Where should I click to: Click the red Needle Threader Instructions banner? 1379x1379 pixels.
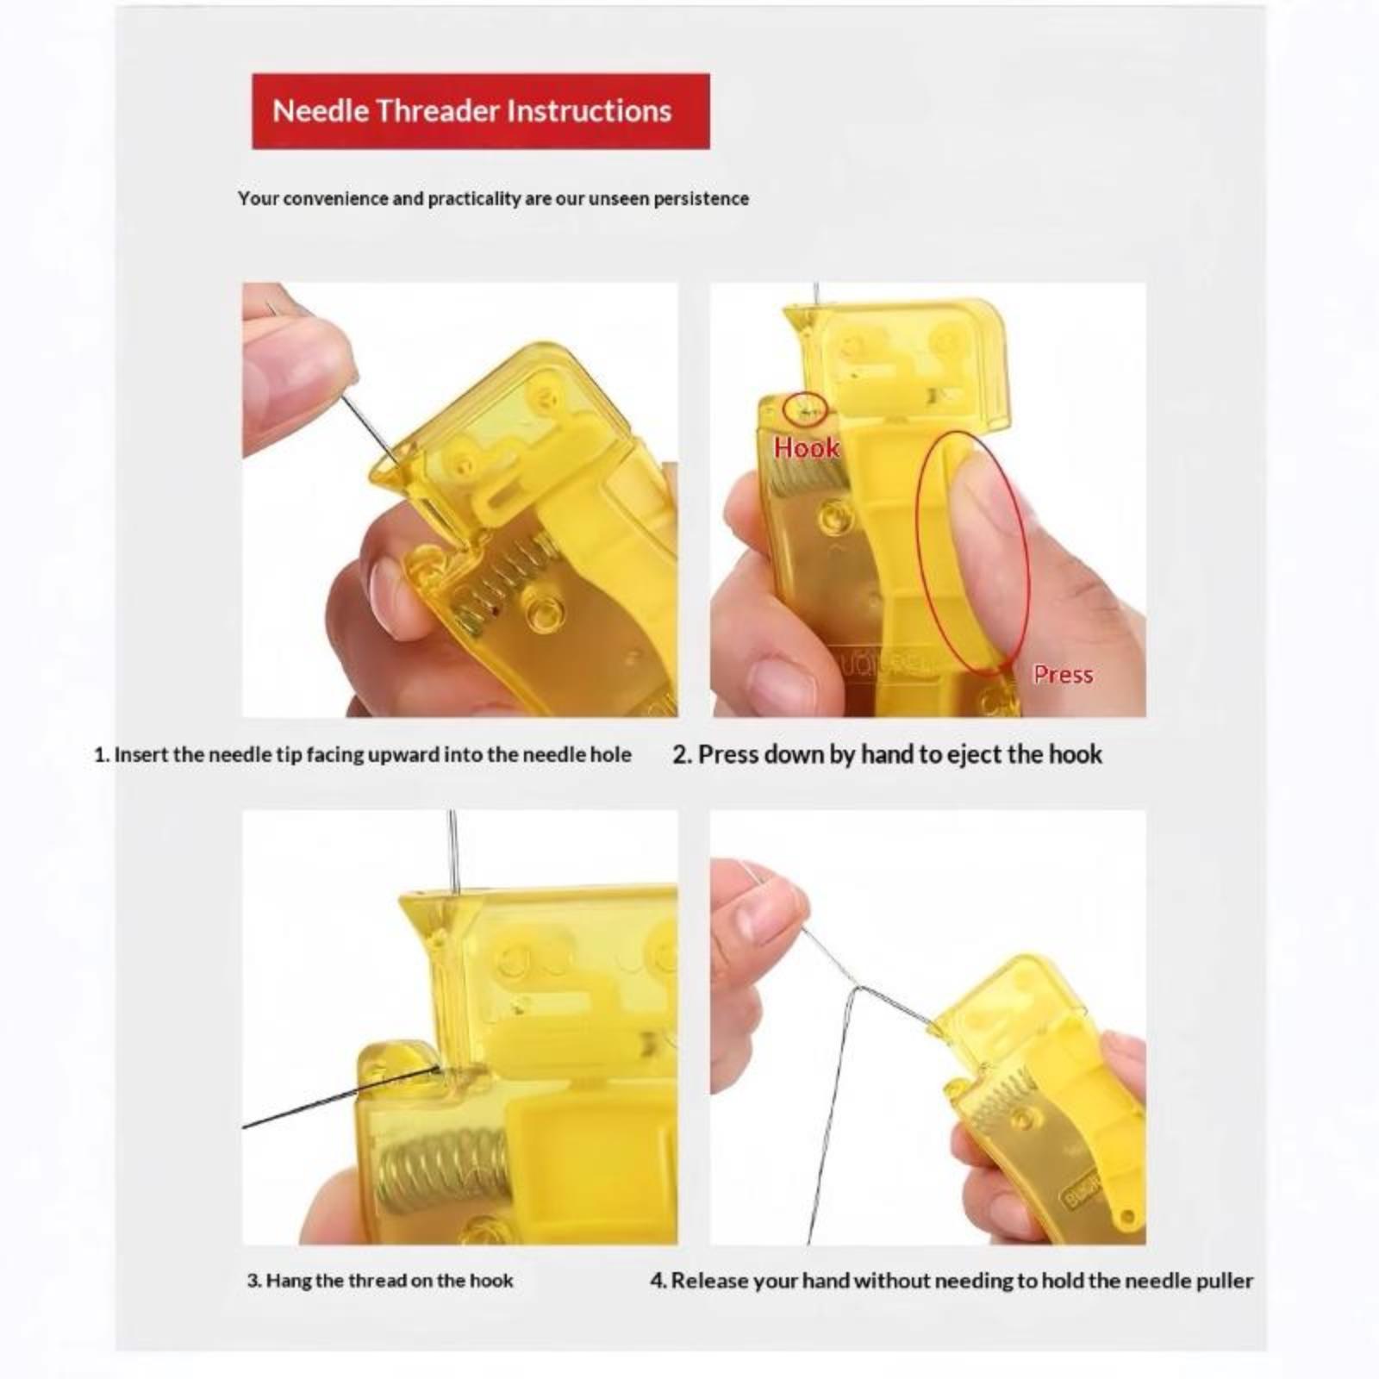click(x=481, y=111)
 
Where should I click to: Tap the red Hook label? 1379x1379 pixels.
click(x=806, y=447)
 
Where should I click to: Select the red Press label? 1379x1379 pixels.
click(x=1063, y=674)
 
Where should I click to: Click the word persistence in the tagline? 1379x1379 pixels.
click(x=701, y=198)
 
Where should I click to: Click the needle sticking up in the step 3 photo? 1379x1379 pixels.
click(x=453, y=853)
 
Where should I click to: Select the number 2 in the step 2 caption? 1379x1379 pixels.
click(x=681, y=755)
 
